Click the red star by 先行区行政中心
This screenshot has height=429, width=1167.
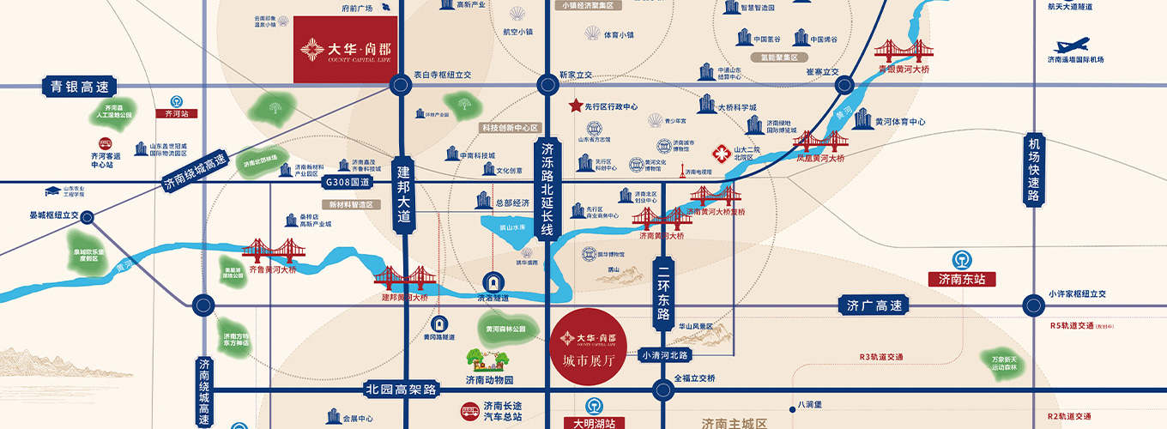click(575, 106)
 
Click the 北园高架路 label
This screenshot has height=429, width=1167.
click(401, 390)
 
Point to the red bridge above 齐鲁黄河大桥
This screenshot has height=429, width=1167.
click(268, 251)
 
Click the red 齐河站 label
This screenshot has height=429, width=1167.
click(175, 113)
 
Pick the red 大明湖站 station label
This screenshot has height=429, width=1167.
click(600, 423)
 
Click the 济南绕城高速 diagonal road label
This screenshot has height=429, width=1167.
click(196, 172)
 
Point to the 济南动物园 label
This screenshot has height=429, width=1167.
click(489, 380)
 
